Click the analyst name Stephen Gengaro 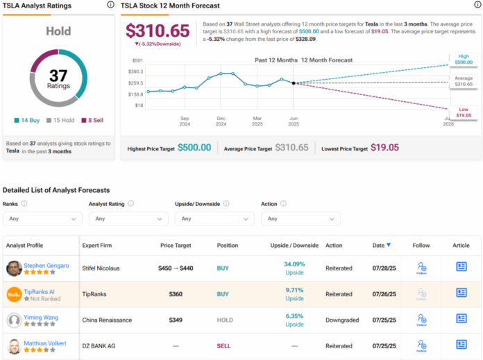coord(46,265)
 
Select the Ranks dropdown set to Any coord(42,218)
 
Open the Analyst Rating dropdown coord(128,218)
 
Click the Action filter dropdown coord(300,218)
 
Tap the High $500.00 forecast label coord(464,59)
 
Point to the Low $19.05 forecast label coord(463,113)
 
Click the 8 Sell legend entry coord(94,120)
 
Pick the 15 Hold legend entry coord(61,120)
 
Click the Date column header coord(381,245)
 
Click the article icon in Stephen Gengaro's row coord(461,266)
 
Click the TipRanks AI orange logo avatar coord(14,293)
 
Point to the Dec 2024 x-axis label coord(221,121)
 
